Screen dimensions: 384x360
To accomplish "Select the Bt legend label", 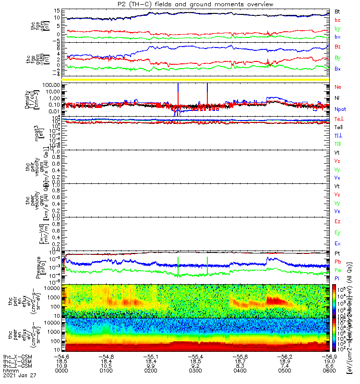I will tap(337, 11).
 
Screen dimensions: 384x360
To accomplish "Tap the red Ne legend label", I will tap(337, 87).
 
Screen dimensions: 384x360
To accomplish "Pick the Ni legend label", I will tap(337, 98).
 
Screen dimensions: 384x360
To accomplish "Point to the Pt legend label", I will tap(337, 252).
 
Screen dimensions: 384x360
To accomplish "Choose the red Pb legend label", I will tap(337, 262).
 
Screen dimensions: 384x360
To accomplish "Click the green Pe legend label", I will tap(337, 270).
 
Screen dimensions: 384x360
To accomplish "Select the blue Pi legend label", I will tap(337, 279).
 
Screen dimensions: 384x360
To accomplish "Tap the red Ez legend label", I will tap(337, 222).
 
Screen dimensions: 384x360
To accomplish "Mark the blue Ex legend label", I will tap(337, 244).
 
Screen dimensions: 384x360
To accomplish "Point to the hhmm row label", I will tap(9, 371).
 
